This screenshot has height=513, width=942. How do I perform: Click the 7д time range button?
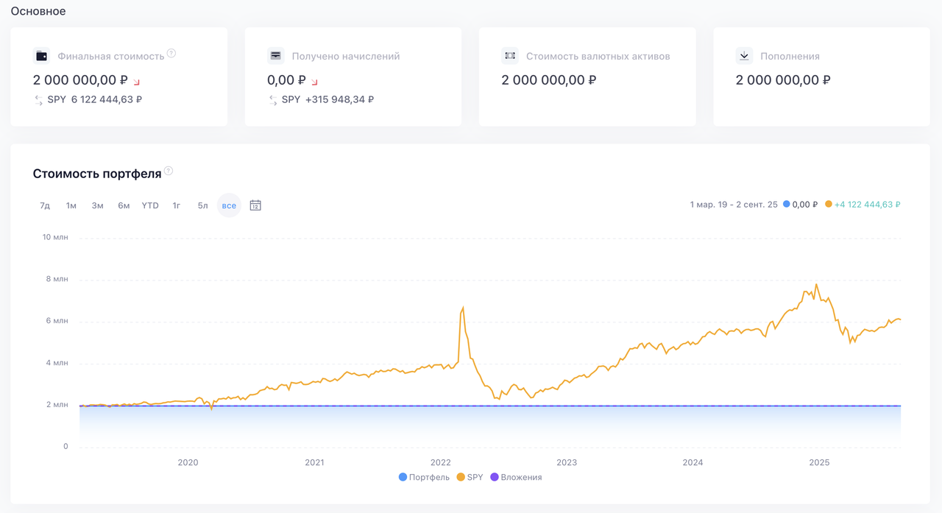click(x=45, y=205)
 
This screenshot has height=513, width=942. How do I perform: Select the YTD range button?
click(x=150, y=205)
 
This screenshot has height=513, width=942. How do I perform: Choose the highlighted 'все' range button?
click(x=229, y=205)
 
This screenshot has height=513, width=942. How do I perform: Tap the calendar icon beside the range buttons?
click(x=255, y=205)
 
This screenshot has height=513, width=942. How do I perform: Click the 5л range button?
click(x=202, y=205)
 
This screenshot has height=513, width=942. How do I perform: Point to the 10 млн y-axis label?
click(x=56, y=237)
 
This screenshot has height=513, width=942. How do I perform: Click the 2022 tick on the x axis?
click(x=440, y=462)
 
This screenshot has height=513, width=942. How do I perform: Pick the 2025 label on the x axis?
click(x=819, y=462)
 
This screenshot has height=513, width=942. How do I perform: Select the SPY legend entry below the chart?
click(x=470, y=477)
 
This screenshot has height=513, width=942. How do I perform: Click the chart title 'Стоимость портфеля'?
click(x=96, y=174)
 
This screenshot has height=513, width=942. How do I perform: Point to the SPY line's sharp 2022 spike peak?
click(x=463, y=308)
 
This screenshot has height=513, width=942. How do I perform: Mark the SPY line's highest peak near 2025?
click(x=816, y=285)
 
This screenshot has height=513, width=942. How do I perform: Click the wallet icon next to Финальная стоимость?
click(x=41, y=56)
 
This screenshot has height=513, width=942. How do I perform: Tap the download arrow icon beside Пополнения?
click(x=744, y=56)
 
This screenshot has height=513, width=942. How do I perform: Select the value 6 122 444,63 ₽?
click(x=106, y=99)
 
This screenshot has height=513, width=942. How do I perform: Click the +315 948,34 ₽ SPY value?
click(x=339, y=99)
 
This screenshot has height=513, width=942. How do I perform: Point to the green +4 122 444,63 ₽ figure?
click(x=867, y=205)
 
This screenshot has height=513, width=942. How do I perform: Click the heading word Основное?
click(x=38, y=11)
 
